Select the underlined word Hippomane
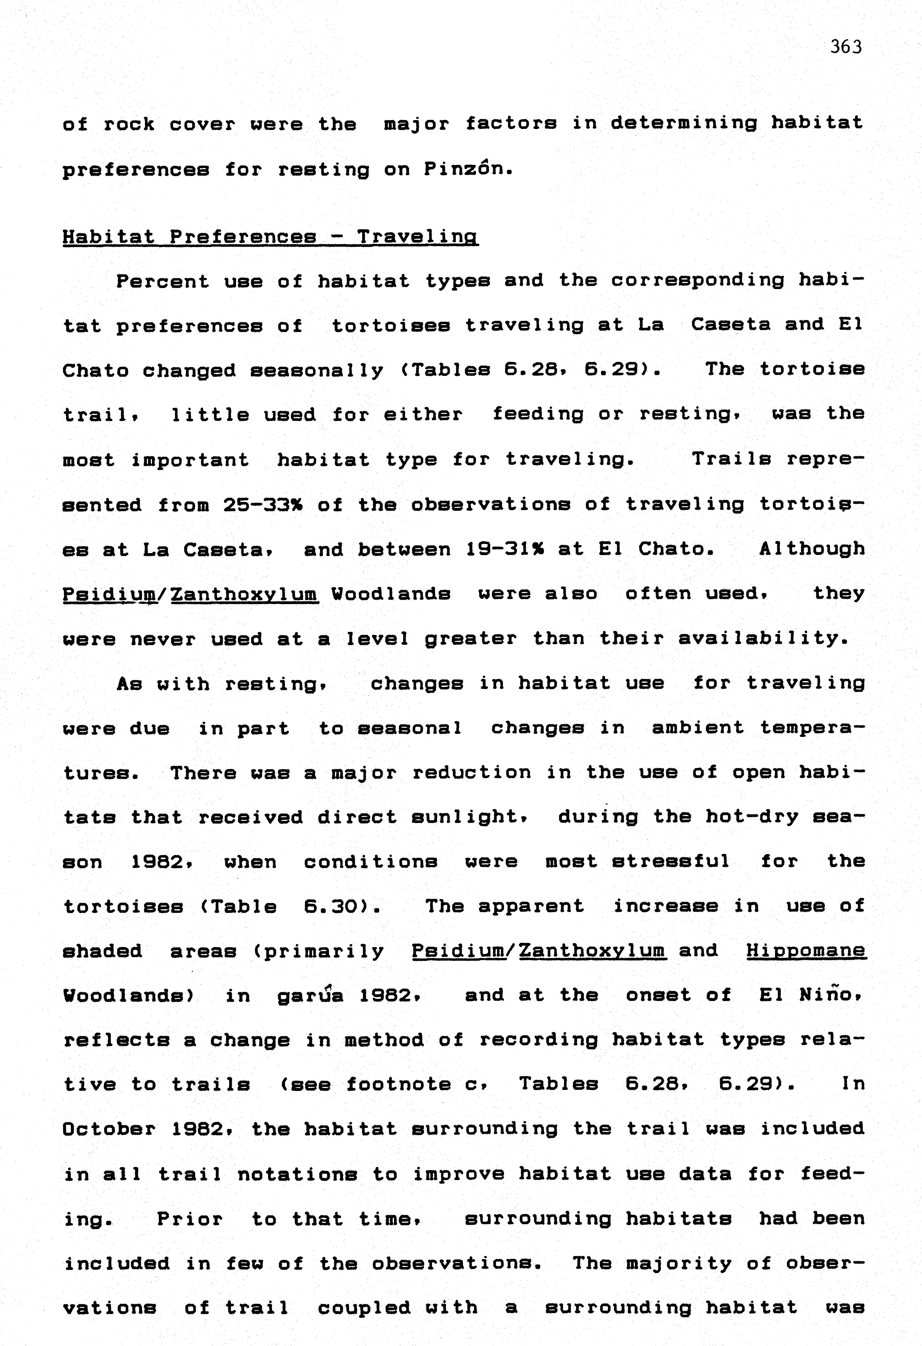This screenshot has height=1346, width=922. (x=806, y=950)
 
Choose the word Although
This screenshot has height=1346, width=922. (x=812, y=549)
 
